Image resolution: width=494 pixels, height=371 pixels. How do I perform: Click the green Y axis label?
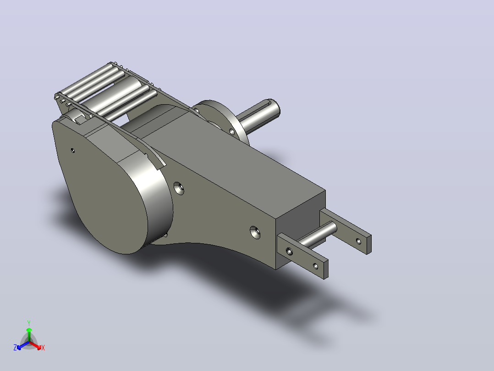29,323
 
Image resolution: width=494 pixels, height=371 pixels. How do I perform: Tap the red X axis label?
43,348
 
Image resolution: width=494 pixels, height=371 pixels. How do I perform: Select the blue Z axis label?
15,348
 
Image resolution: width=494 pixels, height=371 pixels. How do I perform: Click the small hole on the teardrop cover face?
73,151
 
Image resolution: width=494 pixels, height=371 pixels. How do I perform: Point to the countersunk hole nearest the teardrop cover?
179,188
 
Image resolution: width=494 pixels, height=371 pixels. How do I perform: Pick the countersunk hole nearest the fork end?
255,232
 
